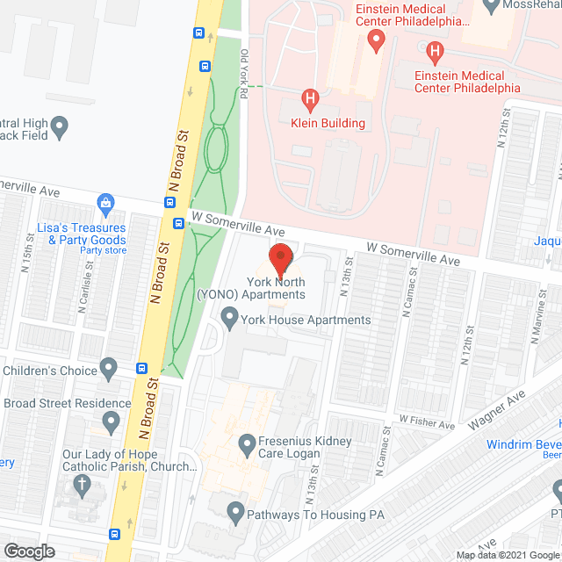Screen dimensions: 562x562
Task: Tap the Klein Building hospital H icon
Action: (x=308, y=99)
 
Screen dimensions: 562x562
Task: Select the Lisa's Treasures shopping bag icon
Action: (x=105, y=205)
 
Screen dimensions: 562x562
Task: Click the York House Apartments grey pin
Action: (x=230, y=316)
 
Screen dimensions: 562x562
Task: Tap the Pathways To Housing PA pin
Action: (x=234, y=510)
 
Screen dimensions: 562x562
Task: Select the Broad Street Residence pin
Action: (x=110, y=423)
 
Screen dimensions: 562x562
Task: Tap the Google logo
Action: (x=28, y=551)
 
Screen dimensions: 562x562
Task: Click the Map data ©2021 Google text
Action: (x=503, y=554)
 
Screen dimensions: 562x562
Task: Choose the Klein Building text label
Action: (x=328, y=123)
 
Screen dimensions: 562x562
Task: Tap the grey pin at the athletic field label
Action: (x=60, y=129)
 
